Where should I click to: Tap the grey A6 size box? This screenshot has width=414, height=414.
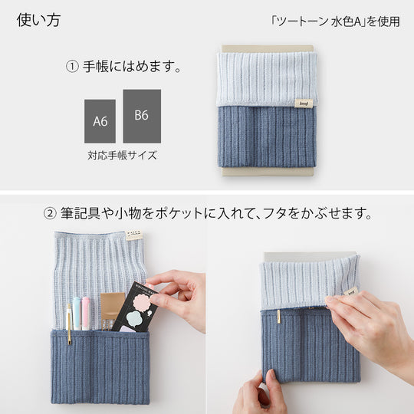100,121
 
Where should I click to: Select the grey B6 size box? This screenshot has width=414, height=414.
141,116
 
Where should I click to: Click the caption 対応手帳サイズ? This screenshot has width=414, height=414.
122,156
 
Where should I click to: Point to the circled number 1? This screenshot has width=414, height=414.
72,67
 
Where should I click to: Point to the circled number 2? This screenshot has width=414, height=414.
50,212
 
